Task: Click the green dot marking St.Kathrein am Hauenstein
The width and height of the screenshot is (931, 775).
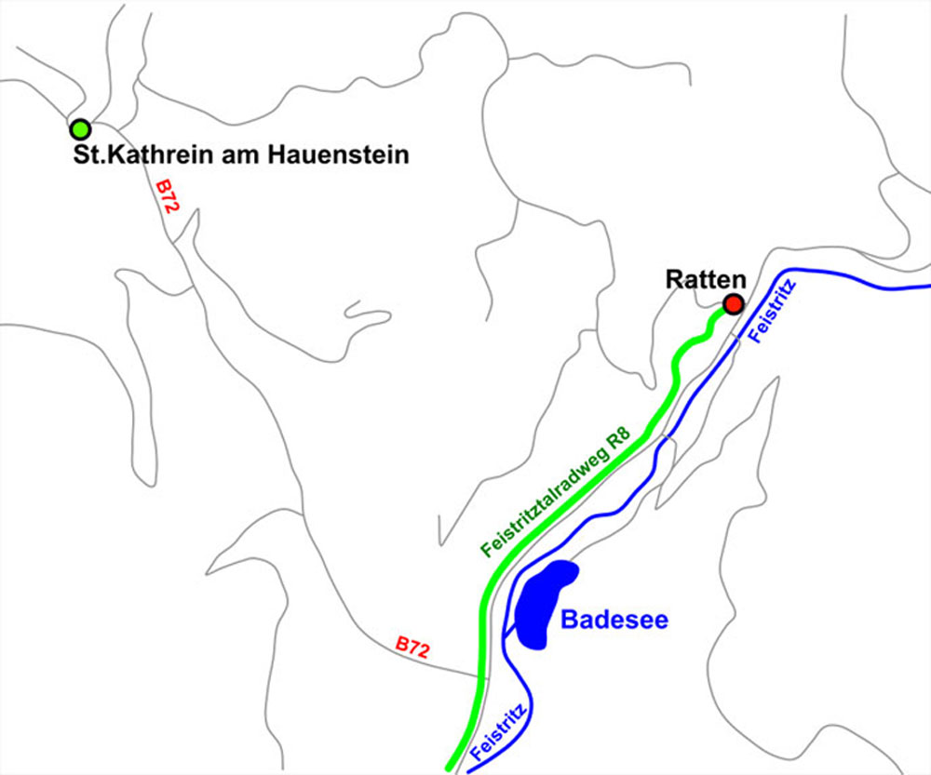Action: click(x=80, y=128)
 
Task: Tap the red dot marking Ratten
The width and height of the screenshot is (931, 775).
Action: click(x=734, y=304)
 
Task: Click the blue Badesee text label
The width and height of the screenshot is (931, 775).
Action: click(x=614, y=620)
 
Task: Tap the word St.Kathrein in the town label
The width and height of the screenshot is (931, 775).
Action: click(x=129, y=155)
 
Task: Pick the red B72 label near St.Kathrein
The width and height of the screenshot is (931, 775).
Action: click(x=167, y=197)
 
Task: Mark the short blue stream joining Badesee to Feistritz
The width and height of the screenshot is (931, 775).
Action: click(x=509, y=632)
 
